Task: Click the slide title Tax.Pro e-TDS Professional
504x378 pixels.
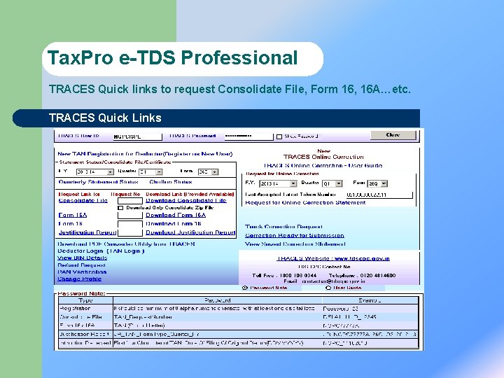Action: pos(173,59)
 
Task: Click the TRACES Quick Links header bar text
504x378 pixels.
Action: pos(105,118)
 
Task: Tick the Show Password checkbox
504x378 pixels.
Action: pos(279,136)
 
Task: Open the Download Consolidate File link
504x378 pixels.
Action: pos(186,200)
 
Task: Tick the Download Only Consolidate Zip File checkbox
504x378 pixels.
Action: pos(120,208)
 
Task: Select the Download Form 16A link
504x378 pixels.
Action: pos(176,215)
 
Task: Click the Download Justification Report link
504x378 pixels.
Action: pos(190,232)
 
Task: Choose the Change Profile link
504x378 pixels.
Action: pos(79,279)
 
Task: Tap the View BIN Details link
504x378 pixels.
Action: pos(82,258)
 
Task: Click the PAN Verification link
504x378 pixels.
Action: pos(82,272)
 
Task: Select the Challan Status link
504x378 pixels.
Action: pos(161,182)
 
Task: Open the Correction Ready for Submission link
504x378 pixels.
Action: pos(295,235)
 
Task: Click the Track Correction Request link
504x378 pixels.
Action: pos(283,227)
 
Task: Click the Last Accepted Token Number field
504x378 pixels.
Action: pos(366,194)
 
